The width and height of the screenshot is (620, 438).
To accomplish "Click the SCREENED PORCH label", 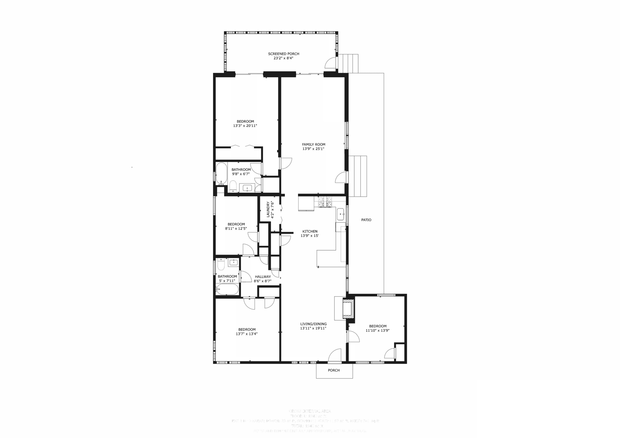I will pyautogui.click(x=284, y=54).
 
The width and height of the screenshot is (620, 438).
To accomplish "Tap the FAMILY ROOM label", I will pyautogui.click(x=314, y=144).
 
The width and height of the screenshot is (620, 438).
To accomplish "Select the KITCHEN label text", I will pyautogui.click(x=310, y=231).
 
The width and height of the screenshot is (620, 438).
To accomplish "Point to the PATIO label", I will pyautogui.click(x=366, y=220).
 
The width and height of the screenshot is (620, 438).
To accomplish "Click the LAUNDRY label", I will pyautogui.click(x=268, y=209).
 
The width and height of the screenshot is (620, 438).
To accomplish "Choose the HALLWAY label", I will pyautogui.click(x=263, y=277).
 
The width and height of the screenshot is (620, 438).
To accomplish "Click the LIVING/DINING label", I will pyautogui.click(x=313, y=324).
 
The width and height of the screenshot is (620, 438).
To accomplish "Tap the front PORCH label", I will pyautogui.click(x=334, y=370).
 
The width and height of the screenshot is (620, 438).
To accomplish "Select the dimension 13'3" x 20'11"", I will pyautogui.click(x=245, y=126).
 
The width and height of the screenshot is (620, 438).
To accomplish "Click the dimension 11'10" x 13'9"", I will pyautogui.click(x=378, y=330).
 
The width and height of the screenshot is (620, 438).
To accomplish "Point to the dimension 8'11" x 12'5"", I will pyautogui.click(x=236, y=229).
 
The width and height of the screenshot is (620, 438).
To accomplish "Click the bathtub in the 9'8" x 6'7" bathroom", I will pyautogui.click(x=221, y=173).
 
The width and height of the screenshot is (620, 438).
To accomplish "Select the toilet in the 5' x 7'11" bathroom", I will pyautogui.click(x=221, y=265).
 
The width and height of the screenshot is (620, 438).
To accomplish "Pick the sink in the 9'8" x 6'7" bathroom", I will pyautogui.click(x=247, y=188).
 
